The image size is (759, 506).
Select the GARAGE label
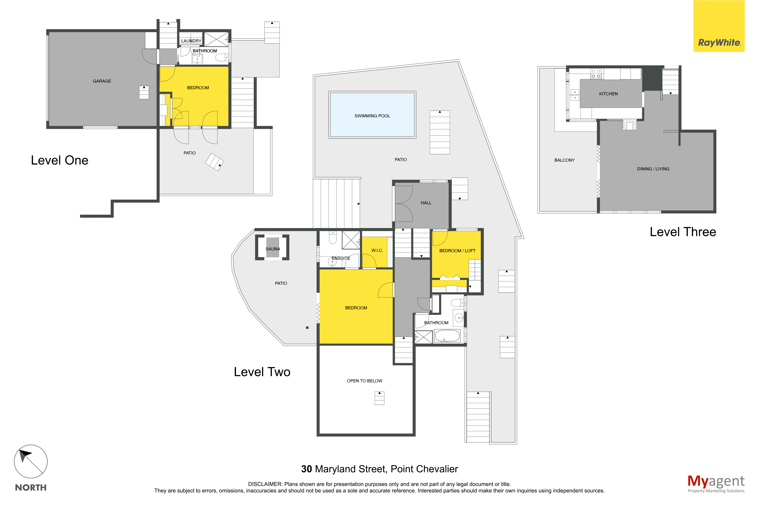(x=102, y=81)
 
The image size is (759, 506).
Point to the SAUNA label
(x=273, y=249)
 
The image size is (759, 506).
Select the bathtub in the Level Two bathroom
(x=447, y=336)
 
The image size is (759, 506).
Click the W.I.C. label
(x=377, y=250)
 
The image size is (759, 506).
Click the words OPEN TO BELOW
(x=364, y=381)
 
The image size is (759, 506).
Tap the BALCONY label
(x=565, y=160)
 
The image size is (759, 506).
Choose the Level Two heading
(x=262, y=372)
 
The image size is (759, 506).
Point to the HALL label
(x=426, y=203)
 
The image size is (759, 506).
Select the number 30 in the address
(x=306, y=469)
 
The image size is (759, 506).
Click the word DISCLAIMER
(x=265, y=484)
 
